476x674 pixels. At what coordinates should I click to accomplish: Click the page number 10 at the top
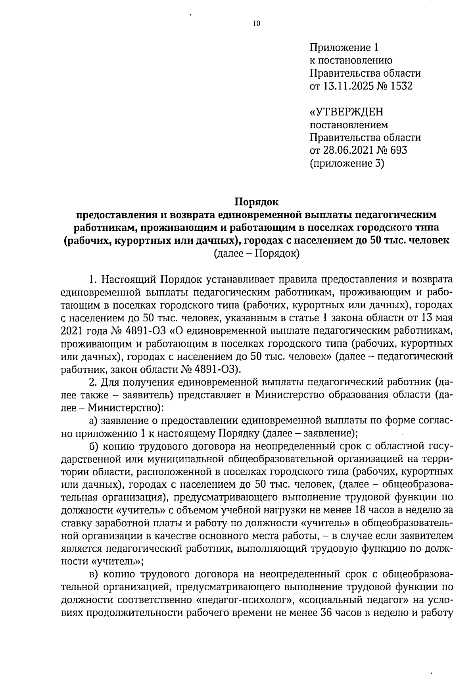(x=256, y=24)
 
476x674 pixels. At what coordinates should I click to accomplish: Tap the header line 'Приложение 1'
(x=344, y=48)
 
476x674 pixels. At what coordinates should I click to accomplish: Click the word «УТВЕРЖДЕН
(x=346, y=112)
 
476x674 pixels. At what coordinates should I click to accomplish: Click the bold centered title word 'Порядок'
(x=257, y=202)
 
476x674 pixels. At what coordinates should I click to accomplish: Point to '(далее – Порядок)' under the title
(x=257, y=253)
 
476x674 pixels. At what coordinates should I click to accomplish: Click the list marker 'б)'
(x=94, y=446)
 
